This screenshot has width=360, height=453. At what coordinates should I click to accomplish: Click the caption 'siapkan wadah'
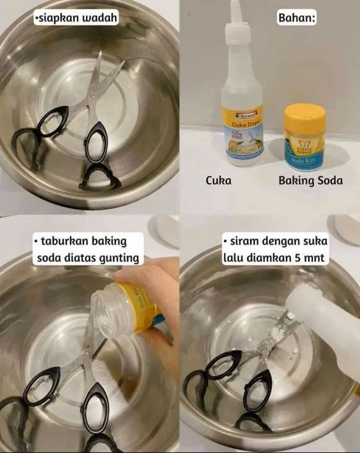pos(76,18)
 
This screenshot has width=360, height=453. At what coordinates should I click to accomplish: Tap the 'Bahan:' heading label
pos(297,18)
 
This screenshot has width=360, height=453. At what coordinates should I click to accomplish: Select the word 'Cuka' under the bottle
pos(218,181)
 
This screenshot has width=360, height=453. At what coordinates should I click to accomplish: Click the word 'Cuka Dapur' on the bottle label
pos(242,124)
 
